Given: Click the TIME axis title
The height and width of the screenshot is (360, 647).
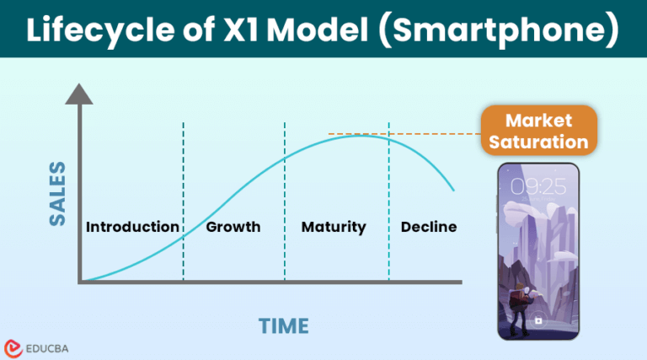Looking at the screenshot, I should pyautogui.click(x=283, y=325).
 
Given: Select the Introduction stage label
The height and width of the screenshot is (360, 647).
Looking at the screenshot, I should pyautogui.click(x=132, y=227).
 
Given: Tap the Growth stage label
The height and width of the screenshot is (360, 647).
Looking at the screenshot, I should pyautogui.click(x=233, y=227).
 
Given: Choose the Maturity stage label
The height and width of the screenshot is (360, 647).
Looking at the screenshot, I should pyautogui.click(x=334, y=227).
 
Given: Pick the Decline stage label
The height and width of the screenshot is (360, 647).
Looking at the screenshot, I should pyautogui.click(x=429, y=227).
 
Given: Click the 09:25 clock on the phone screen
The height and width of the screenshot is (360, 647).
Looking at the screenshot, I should pyautogui.click(x=537, y=186).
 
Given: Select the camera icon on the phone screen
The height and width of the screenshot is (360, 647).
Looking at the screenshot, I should pyautogui.click(x=537, y=321).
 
